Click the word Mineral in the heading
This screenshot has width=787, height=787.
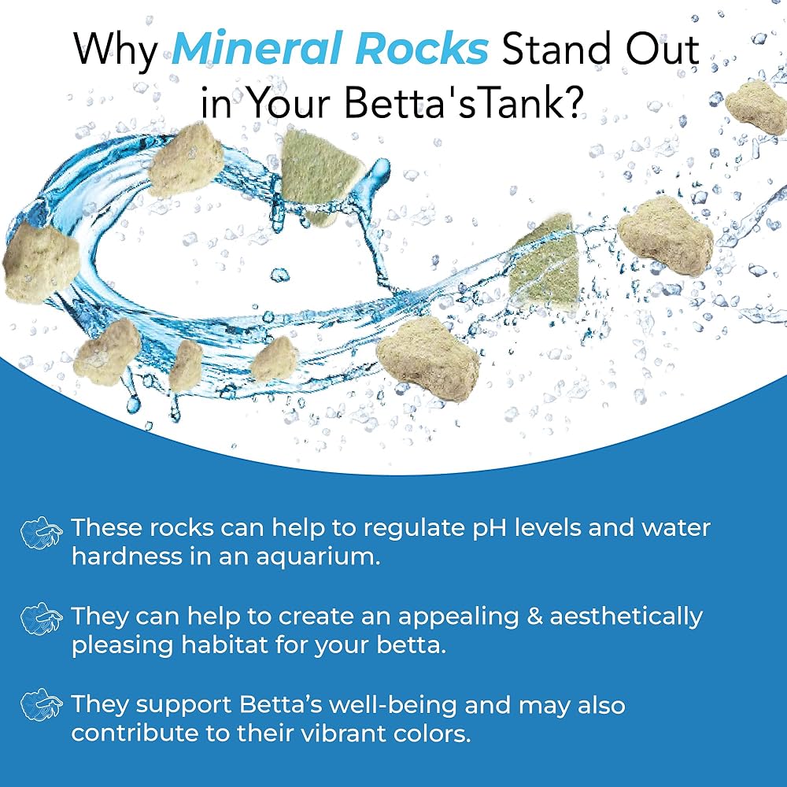[260, 49]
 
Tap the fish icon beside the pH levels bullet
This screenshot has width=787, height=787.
[42, 533]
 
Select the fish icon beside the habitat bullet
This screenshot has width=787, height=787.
[42, 619]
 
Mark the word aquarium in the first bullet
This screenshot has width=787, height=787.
[318, 557]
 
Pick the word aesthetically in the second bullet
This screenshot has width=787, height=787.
[626, 618]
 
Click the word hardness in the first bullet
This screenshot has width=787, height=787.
[127, 556]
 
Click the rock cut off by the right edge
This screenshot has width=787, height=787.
[756, 107]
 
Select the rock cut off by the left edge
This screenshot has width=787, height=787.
[40, 264]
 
